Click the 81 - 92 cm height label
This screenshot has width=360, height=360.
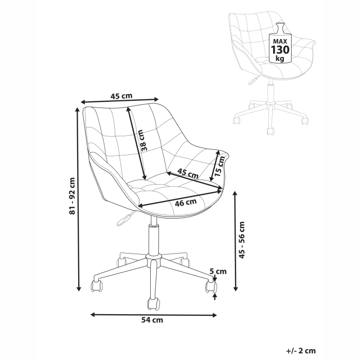tap(72, 196)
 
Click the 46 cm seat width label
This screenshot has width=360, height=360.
tap(187, 202)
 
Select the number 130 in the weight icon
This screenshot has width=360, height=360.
tap(280, 50)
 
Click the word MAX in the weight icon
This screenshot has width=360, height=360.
tap(280, 40)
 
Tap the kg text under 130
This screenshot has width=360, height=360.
tap(280, 59)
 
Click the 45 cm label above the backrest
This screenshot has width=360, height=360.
tap(122, 95)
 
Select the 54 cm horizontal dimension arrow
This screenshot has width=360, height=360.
tap(153, 313)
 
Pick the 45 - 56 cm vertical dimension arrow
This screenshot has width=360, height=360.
tap(236, 240)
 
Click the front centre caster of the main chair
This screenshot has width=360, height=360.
tap(152, 304)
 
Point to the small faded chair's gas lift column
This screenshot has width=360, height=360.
tap(269, 93)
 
